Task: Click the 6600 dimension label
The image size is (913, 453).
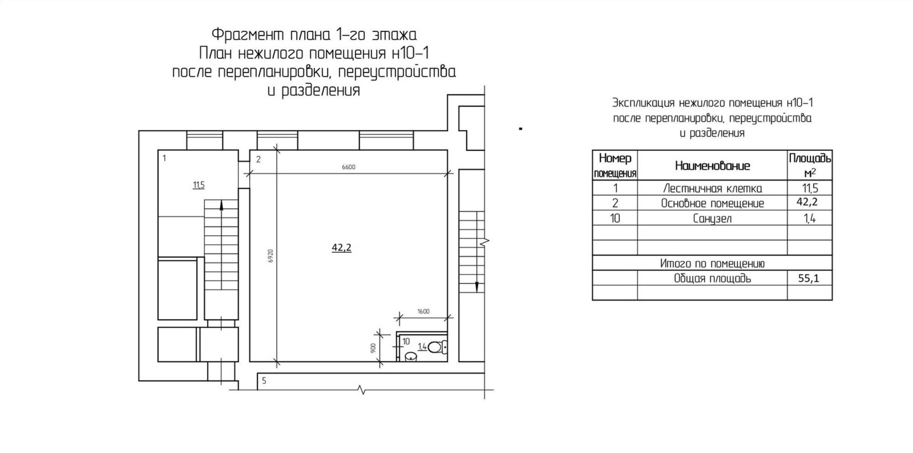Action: tap(348, 167)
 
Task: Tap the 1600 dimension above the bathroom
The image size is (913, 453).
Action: tap(423, 312)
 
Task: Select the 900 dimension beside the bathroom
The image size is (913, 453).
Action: tap(373, 348)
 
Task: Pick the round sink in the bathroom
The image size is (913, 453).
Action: tap(411, 357)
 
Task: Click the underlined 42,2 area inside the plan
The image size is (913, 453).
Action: tap(341, 248)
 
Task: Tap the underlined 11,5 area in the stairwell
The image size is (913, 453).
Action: tap(199, 185)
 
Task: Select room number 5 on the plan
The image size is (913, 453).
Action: tap(264, 381)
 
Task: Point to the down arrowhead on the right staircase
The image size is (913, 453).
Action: tap(477, 287)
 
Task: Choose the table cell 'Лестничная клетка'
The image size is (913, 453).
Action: tap(712, 188)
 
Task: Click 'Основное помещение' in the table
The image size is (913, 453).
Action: tap(712, 203)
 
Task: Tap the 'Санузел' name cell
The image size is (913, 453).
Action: tap(712, 219)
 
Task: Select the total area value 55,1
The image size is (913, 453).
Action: tap(809, 278)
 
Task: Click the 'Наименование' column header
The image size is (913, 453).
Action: tap(712, 165)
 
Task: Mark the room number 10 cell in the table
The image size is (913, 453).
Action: tap(615, 219)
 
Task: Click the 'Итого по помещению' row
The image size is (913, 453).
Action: tap(712, 263)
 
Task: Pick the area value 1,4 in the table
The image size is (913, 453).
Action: tap(810, 219)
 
